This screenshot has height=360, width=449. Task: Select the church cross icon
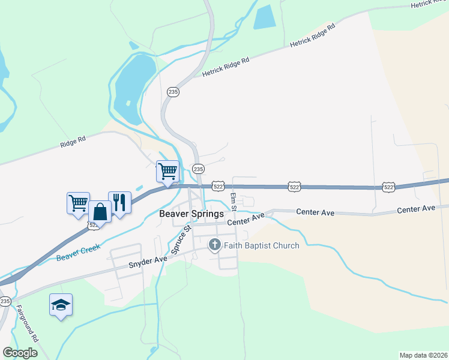[215, 245]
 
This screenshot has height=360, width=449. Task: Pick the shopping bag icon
[100, 211]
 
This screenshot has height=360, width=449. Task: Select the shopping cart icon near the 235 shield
[168, 171]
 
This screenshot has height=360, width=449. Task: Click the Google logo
[20, 353]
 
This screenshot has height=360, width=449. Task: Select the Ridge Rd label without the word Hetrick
[73, 142]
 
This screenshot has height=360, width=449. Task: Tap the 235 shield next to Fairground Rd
[5, 301]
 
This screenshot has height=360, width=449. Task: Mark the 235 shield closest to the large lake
[173, 92]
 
